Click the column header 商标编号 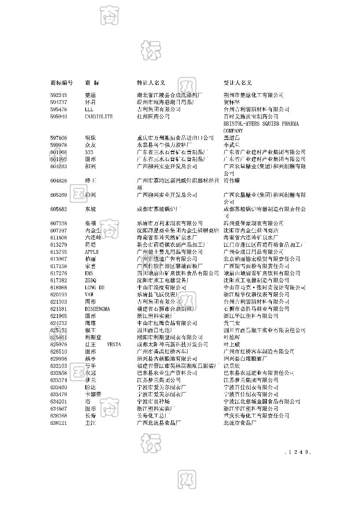pyautogui.click(x=61, y=83)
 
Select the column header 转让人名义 pyautogui.click(x=151, y=83)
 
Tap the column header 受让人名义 pyautogui.click(x=238, y=83)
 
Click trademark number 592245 pyautogui.click(x=59, y=95)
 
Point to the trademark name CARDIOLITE pyautogui.click(x=99, y=117)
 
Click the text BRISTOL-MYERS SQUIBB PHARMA pyautogui.click(x=261, y=124)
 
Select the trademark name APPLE pyautogui.click(x=92, y=252)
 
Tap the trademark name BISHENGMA pyautogui.click(x=97, y=309)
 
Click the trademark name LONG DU pyautogui.click(x=94, y=287)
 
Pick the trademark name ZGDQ pyautogui.click(x=90, y=280)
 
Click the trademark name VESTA pyautogui.click(x=114, y=345)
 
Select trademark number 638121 pyautogui.click(x=59, y=423)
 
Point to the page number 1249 pyautogui.click(x=298, y=452)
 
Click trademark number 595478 pyautogui.click(x=59, y=109)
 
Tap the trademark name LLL pyautogui.click(x=89, y=109)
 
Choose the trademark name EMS pyautogui.click(x=89, y=273)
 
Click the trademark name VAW pyautogui.click(x=89, y=295)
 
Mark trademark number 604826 pyautogui.click(x=59, y=181)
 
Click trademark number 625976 pyautogui.click(x=59, y=345)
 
